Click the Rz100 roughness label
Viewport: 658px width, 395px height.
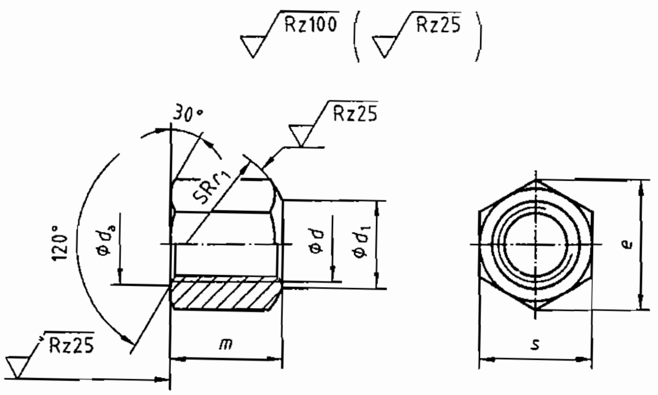click(311, 24)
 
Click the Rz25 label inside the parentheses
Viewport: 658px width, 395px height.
click(438, 25)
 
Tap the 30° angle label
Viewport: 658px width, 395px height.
click(187, 114)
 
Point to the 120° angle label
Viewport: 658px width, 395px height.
click(61, 242)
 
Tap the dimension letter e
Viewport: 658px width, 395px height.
click(627, 243)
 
